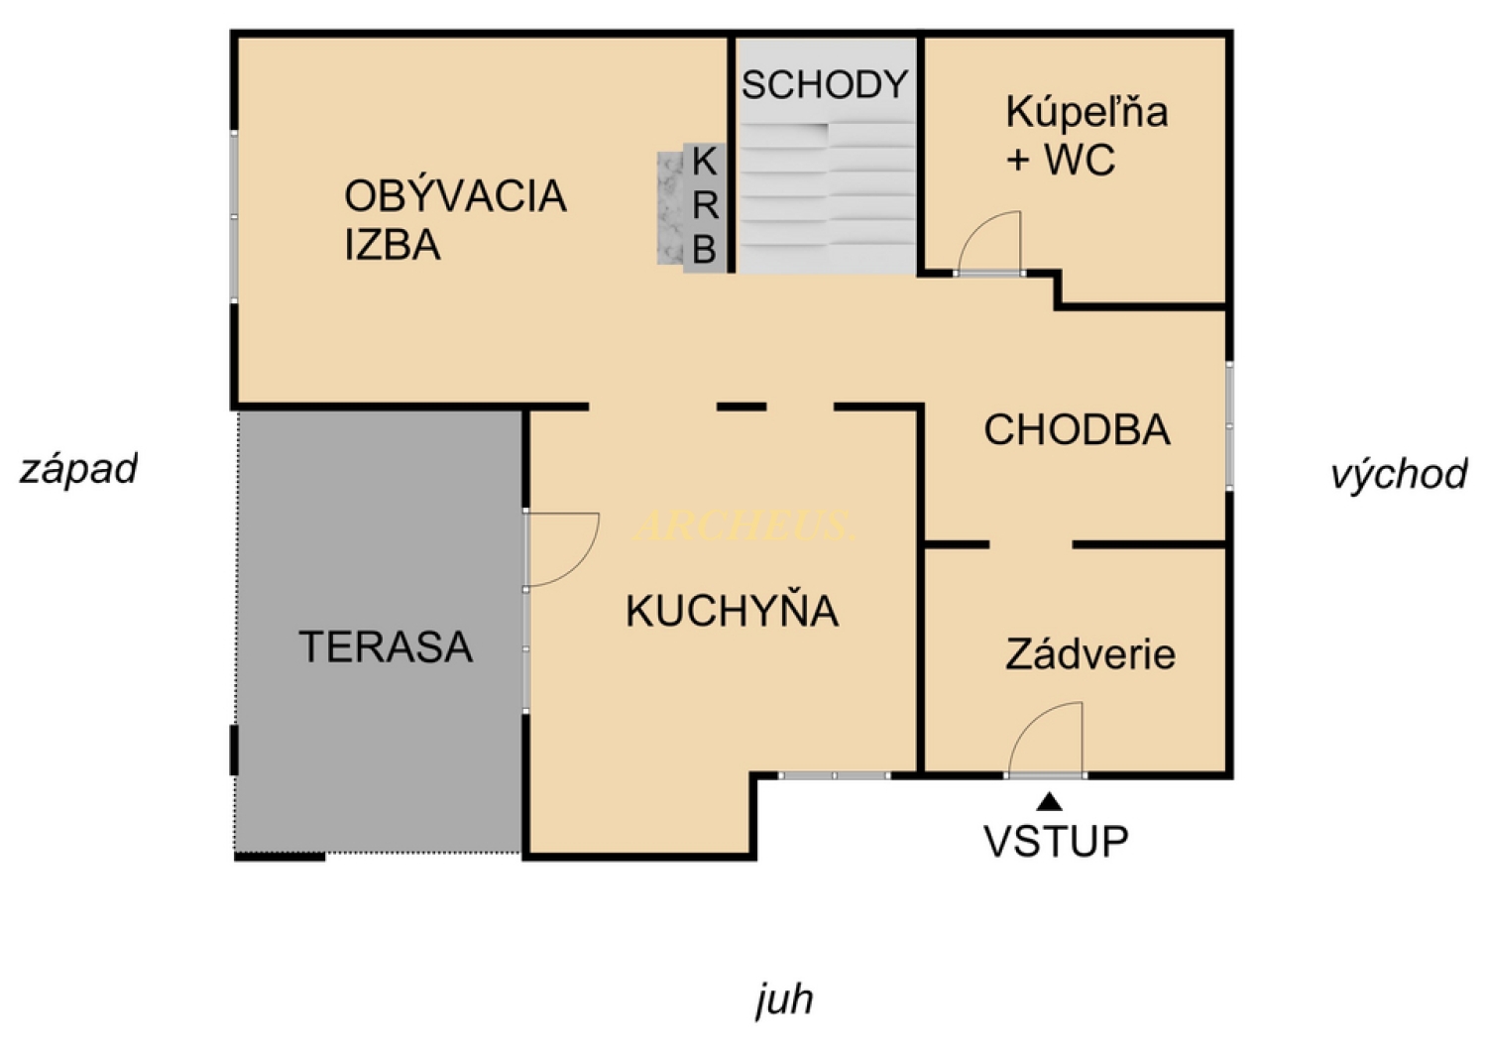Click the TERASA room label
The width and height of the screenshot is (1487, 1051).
[386, 646]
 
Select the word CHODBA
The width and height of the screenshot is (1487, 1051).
[1077, 429]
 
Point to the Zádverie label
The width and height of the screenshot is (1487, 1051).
[1090, 653]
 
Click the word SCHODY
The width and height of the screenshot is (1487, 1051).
[825, 85]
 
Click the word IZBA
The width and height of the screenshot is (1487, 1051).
[393, 244]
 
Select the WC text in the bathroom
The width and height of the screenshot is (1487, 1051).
[1080, 160]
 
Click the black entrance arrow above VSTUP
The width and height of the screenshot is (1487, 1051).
[1050, 802]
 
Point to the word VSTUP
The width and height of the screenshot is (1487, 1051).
[1056, 842]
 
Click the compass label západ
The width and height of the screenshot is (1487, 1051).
[78, 470]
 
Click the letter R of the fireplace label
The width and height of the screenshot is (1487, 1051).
[705, 206]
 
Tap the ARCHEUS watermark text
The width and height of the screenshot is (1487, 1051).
[743, 526]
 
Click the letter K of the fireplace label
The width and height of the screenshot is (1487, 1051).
[704, 162]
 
